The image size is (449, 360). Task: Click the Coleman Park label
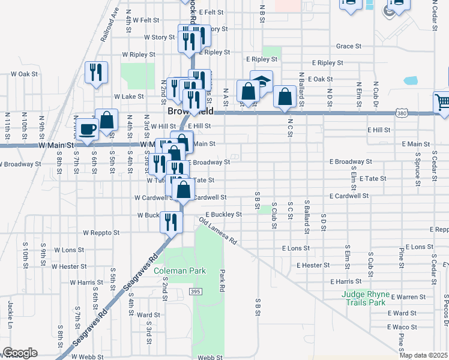[179, 271]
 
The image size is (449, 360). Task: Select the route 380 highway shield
[402, 113]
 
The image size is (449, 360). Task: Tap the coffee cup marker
[88, 130]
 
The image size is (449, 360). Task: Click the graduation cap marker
[261, 81]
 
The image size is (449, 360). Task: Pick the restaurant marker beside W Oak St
[96, 73]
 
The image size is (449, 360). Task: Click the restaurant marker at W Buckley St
[171, 222]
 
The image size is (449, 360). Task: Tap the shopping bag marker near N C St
[285, 97]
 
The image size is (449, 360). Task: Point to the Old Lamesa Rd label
[218, 230]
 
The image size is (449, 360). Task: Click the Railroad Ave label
[110, 23]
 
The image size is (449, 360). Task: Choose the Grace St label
[348, 46]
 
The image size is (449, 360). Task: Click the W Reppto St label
[101, 232]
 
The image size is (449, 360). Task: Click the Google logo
[20, 353]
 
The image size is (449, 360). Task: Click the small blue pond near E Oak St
[411, 80]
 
